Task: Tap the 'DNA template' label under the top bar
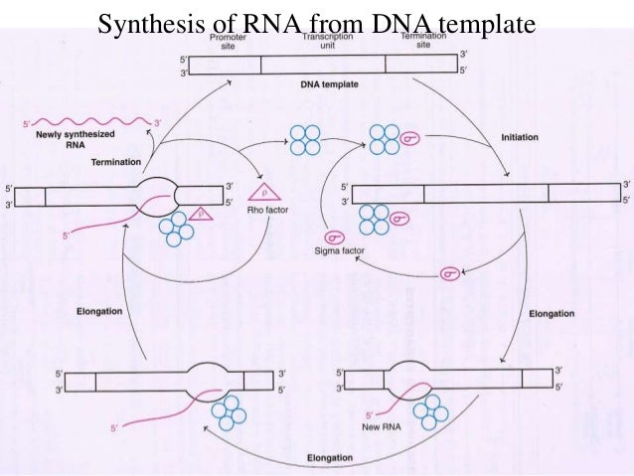329,85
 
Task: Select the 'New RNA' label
374,429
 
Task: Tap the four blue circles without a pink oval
303,140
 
